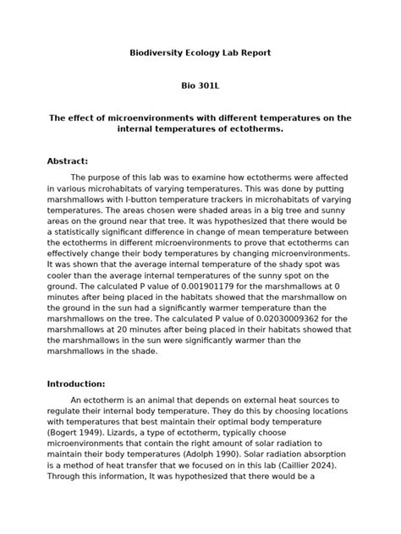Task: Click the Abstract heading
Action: (68, 161)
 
